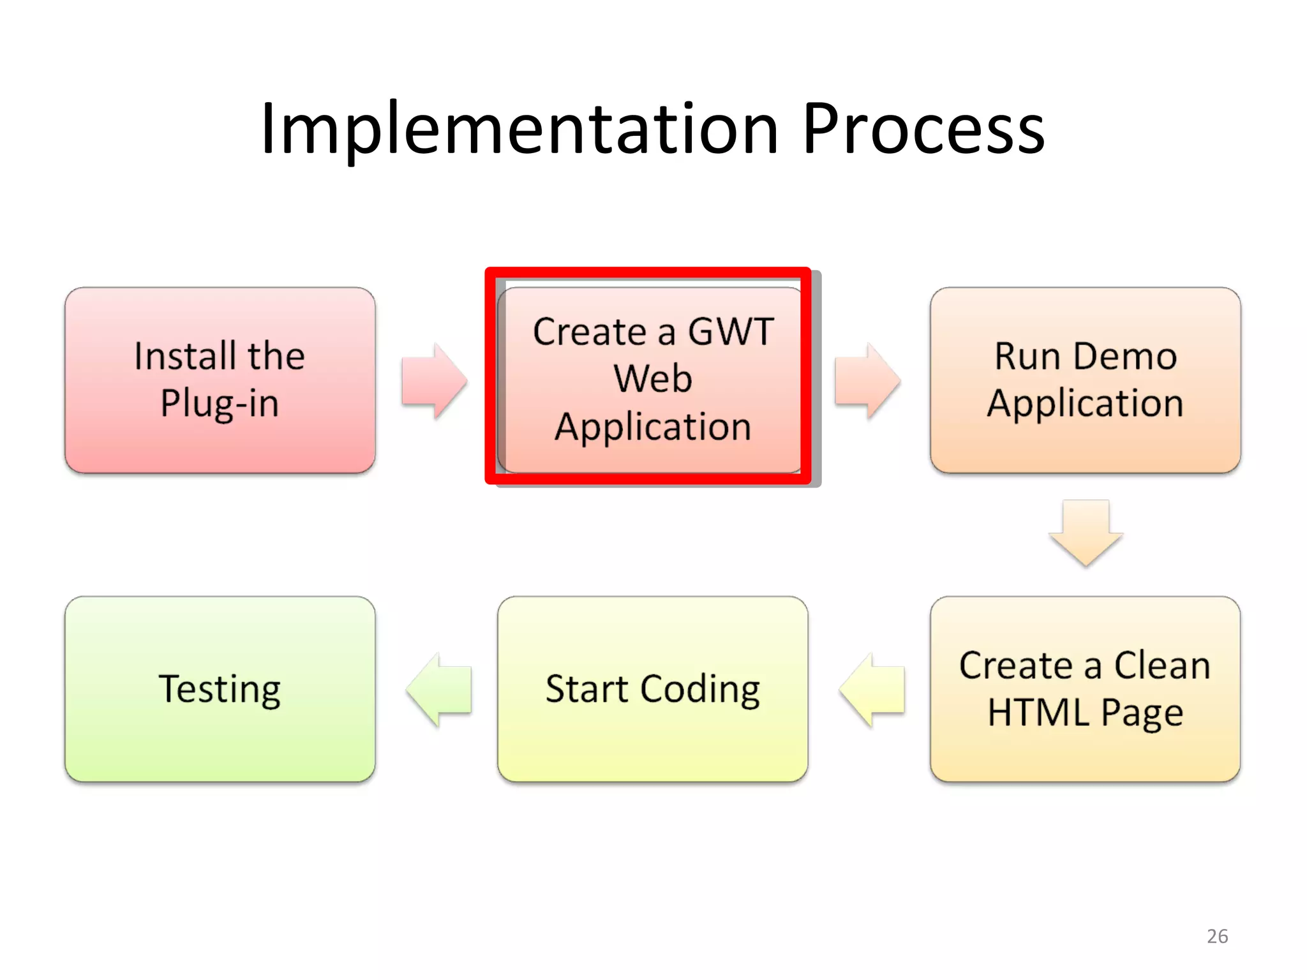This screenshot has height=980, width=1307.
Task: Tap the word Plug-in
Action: click(x=220, y=403)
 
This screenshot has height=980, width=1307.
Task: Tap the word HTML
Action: click(x=1038, y=713)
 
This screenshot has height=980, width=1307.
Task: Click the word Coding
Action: click(x=700, y=690)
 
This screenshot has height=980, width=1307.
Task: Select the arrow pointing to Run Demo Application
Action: click(x=867, y=381)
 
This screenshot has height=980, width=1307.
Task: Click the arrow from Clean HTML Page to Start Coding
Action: click(x=872, y=690)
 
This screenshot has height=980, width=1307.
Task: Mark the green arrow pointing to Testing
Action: click(x=439, y=690)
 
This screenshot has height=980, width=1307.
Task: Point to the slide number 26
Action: click(x=1217, y=936)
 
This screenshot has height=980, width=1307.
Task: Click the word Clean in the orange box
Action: click(x=1161, y=665)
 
